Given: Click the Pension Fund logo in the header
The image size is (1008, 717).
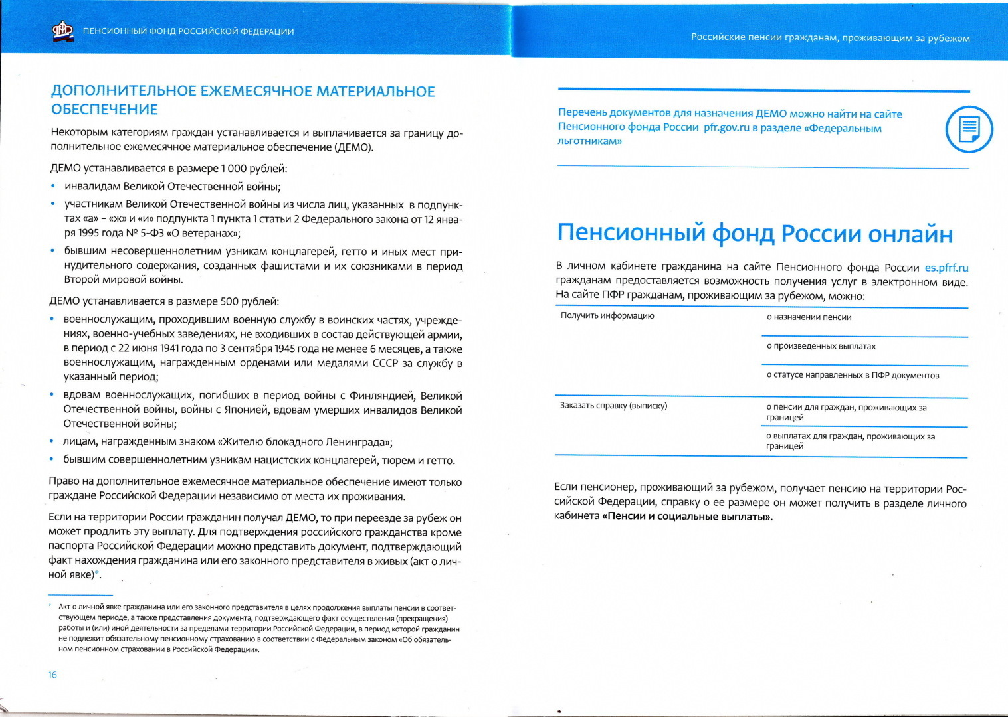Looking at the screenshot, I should [x=63, y=31].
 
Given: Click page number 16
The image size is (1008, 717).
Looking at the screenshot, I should [x=52, y=675].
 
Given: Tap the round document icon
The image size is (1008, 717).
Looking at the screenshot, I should [x=968, y=129].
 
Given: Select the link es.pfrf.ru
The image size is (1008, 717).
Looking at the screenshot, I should [x=946, y=268].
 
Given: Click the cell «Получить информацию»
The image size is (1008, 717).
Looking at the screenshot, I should [x=607, y=316].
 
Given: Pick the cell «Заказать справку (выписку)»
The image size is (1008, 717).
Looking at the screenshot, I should [x=613, y=406].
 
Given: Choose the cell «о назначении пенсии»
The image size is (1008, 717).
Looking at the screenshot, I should [x=809, y=317].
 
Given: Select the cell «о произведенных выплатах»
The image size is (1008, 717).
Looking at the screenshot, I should [x=821, y=347].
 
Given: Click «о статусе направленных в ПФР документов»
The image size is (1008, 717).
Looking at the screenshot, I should [x=853, y=376].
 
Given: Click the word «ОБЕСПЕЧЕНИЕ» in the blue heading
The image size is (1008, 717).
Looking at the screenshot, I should [x=104, y=110].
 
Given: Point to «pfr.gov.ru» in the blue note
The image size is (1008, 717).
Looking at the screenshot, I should [x=726, y=127].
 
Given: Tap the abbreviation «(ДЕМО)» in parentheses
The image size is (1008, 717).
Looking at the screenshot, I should [x=353, y=147].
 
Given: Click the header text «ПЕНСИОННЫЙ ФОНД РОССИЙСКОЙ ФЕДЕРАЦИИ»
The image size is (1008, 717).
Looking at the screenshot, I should [x=188, y=31].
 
